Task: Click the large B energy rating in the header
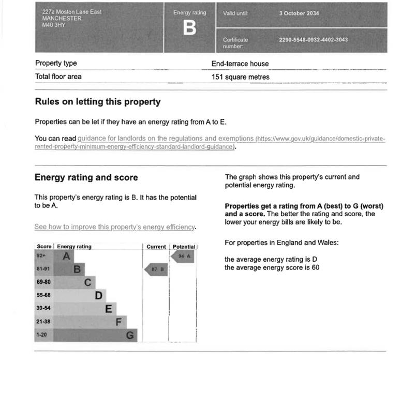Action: [x=189, y=28]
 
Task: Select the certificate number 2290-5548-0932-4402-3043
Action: [x=313, y=40]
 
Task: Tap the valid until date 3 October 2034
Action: [x=299, y=13]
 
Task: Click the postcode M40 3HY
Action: [x=54, y=24]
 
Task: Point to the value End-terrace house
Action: [x=240, y=64]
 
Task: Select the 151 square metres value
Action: [x=240, y=77]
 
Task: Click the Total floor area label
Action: [x=58, y=77]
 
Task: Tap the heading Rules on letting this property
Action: [x=97, y=102]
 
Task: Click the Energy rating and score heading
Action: [x=86, y=177]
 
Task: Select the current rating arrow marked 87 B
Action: [x=156, y=269]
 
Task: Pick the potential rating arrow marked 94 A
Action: [x=183, y=257]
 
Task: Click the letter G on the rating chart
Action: [x=131, y=335]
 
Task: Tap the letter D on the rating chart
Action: [x=98, y=296]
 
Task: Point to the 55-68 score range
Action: [x=43, y=295]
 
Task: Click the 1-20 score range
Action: [x=41, y=335]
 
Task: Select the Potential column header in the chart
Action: [x=184, y=247]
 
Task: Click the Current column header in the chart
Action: [x=156, y=247]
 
